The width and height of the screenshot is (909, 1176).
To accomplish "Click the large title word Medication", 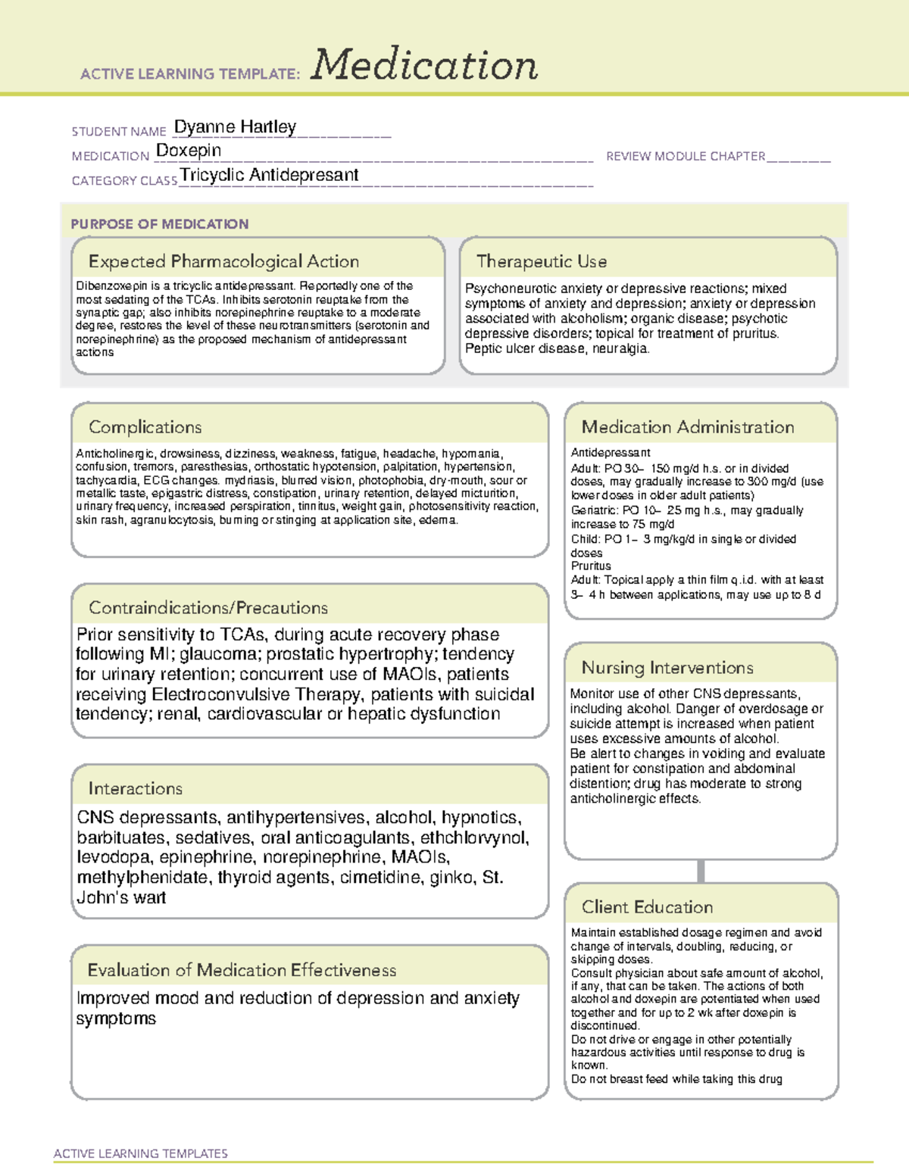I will (424, 65).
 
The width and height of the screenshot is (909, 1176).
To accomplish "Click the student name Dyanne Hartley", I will (235, 126).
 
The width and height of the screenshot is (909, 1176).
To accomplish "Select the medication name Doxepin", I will (189, 151).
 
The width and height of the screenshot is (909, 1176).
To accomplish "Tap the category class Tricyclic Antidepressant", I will (269, 175).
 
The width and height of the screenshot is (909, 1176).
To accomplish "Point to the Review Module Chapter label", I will (686, 156).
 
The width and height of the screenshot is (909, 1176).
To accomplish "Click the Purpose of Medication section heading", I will (159, 224).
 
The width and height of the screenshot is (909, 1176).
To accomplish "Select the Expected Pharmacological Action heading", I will (223, 261).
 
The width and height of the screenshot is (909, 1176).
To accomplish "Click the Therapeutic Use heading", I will (542, 261).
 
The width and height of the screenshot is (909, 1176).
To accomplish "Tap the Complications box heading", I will (145, 427).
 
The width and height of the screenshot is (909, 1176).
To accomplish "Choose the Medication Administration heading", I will (688, 427).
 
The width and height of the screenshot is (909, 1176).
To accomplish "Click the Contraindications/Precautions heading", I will (208, 607).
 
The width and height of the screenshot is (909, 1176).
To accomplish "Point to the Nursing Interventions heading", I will (667, 667).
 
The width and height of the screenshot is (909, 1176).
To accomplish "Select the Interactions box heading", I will (136, 788).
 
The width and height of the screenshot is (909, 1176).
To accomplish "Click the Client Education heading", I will (648, 906).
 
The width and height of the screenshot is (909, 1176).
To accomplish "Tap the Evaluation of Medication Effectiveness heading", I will (242, 970).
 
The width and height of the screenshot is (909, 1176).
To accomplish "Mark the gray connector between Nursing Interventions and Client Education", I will (701, 871).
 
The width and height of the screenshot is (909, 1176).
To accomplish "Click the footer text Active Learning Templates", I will (141, 1153).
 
